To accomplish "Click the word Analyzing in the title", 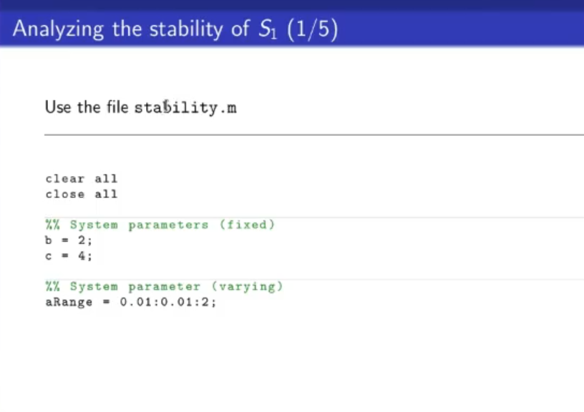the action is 58,29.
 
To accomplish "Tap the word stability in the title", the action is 186,29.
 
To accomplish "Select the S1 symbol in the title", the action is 268,29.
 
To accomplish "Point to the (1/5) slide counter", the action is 313,29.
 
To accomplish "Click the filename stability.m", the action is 185,107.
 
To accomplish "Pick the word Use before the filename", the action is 58,107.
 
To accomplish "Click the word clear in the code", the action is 65,179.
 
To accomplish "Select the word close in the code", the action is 65,194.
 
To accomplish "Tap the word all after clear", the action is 106,179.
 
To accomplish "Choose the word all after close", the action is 106,194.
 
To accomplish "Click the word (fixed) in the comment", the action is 247,225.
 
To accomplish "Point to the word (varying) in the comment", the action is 248,287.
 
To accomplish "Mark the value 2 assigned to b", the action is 82,240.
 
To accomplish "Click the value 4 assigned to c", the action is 82,255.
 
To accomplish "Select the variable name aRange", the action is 69,302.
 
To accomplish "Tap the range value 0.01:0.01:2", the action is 165,302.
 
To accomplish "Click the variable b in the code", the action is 49,240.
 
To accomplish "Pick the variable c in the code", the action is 49,256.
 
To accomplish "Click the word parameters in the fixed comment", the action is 168,225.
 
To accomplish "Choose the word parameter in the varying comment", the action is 165,287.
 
